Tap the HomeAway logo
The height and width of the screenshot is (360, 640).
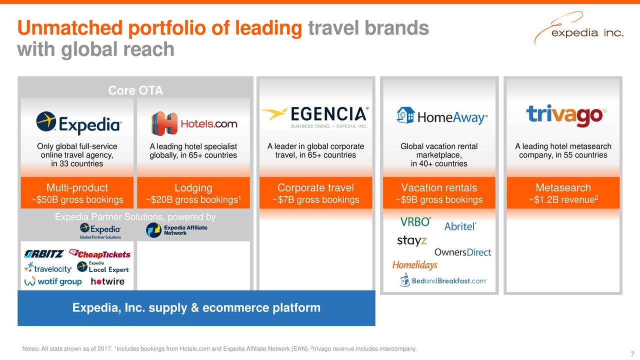441,116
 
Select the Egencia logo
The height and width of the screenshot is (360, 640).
315,116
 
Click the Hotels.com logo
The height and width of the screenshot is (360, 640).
194,123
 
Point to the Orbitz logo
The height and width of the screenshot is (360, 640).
44,254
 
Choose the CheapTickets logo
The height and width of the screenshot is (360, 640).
100,254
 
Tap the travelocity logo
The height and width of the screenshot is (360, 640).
47,267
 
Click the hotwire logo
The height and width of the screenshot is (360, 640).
107,281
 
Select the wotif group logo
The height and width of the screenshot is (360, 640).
53,281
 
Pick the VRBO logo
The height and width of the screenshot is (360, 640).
415,222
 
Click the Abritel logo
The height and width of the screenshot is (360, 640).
460,226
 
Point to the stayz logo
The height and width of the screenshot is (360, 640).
412,240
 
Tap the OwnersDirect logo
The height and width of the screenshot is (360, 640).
462,252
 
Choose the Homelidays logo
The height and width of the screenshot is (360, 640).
414,265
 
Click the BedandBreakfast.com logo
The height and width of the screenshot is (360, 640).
443,280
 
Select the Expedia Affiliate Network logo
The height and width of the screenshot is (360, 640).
176,230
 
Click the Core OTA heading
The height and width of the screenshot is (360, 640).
135,90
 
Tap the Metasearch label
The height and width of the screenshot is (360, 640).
563,188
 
